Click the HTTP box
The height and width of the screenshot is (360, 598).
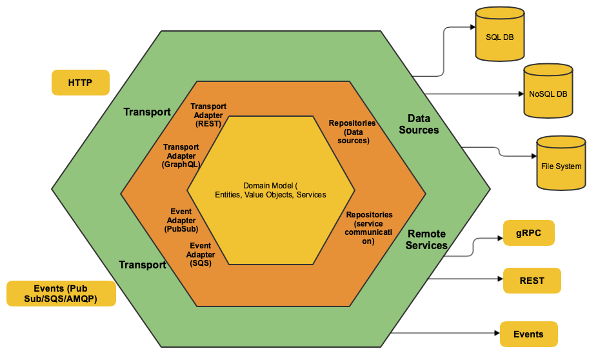80,83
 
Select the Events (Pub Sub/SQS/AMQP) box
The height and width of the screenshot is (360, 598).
61,294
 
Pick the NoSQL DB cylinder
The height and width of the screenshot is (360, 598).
548,92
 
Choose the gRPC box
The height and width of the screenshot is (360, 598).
528,232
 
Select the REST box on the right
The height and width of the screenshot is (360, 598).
532,281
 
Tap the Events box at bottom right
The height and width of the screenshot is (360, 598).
528,334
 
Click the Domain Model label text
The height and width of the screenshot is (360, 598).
270,190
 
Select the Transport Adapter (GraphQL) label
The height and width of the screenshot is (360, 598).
181,155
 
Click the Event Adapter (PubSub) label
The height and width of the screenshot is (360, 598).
181,220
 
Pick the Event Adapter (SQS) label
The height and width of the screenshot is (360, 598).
201,254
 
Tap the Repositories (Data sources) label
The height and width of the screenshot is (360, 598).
352,132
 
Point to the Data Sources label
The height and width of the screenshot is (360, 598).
419,124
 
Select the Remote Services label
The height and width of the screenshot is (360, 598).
426,239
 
